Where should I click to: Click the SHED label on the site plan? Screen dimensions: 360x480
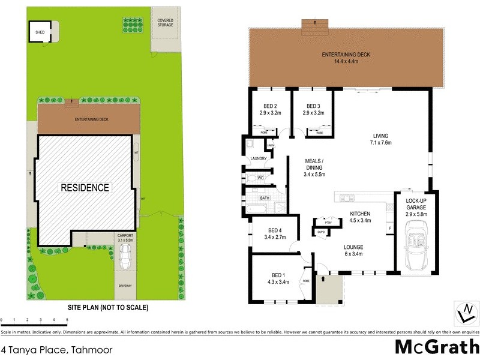coord(40,32)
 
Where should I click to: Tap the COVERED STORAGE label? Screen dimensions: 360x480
coord(165,22)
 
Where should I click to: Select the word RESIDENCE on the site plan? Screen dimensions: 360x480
coord(85,188)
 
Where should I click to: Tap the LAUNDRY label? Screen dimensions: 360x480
coord(259,159)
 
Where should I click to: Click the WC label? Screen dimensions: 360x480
coord(260,178)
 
